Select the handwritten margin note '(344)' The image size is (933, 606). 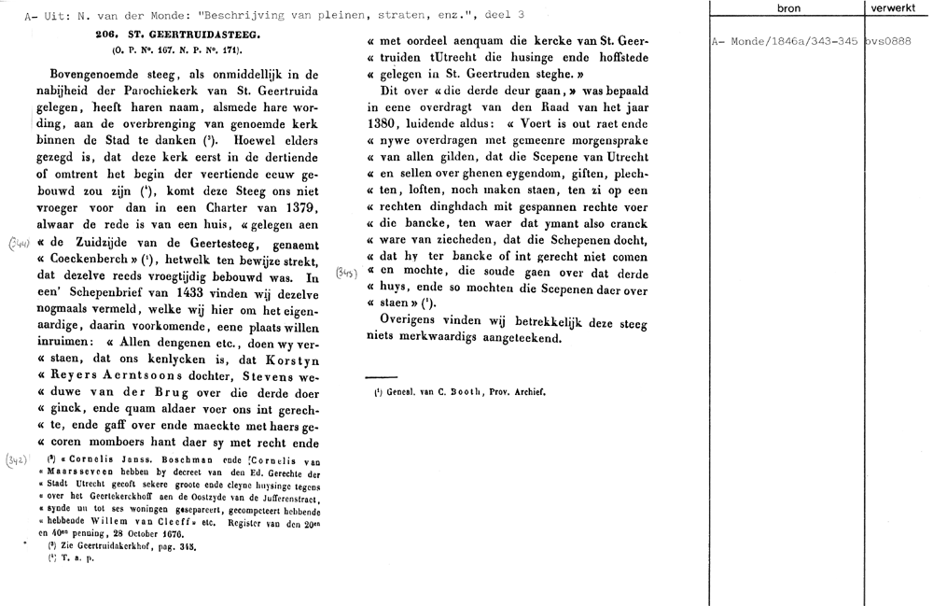coord(18,245)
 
